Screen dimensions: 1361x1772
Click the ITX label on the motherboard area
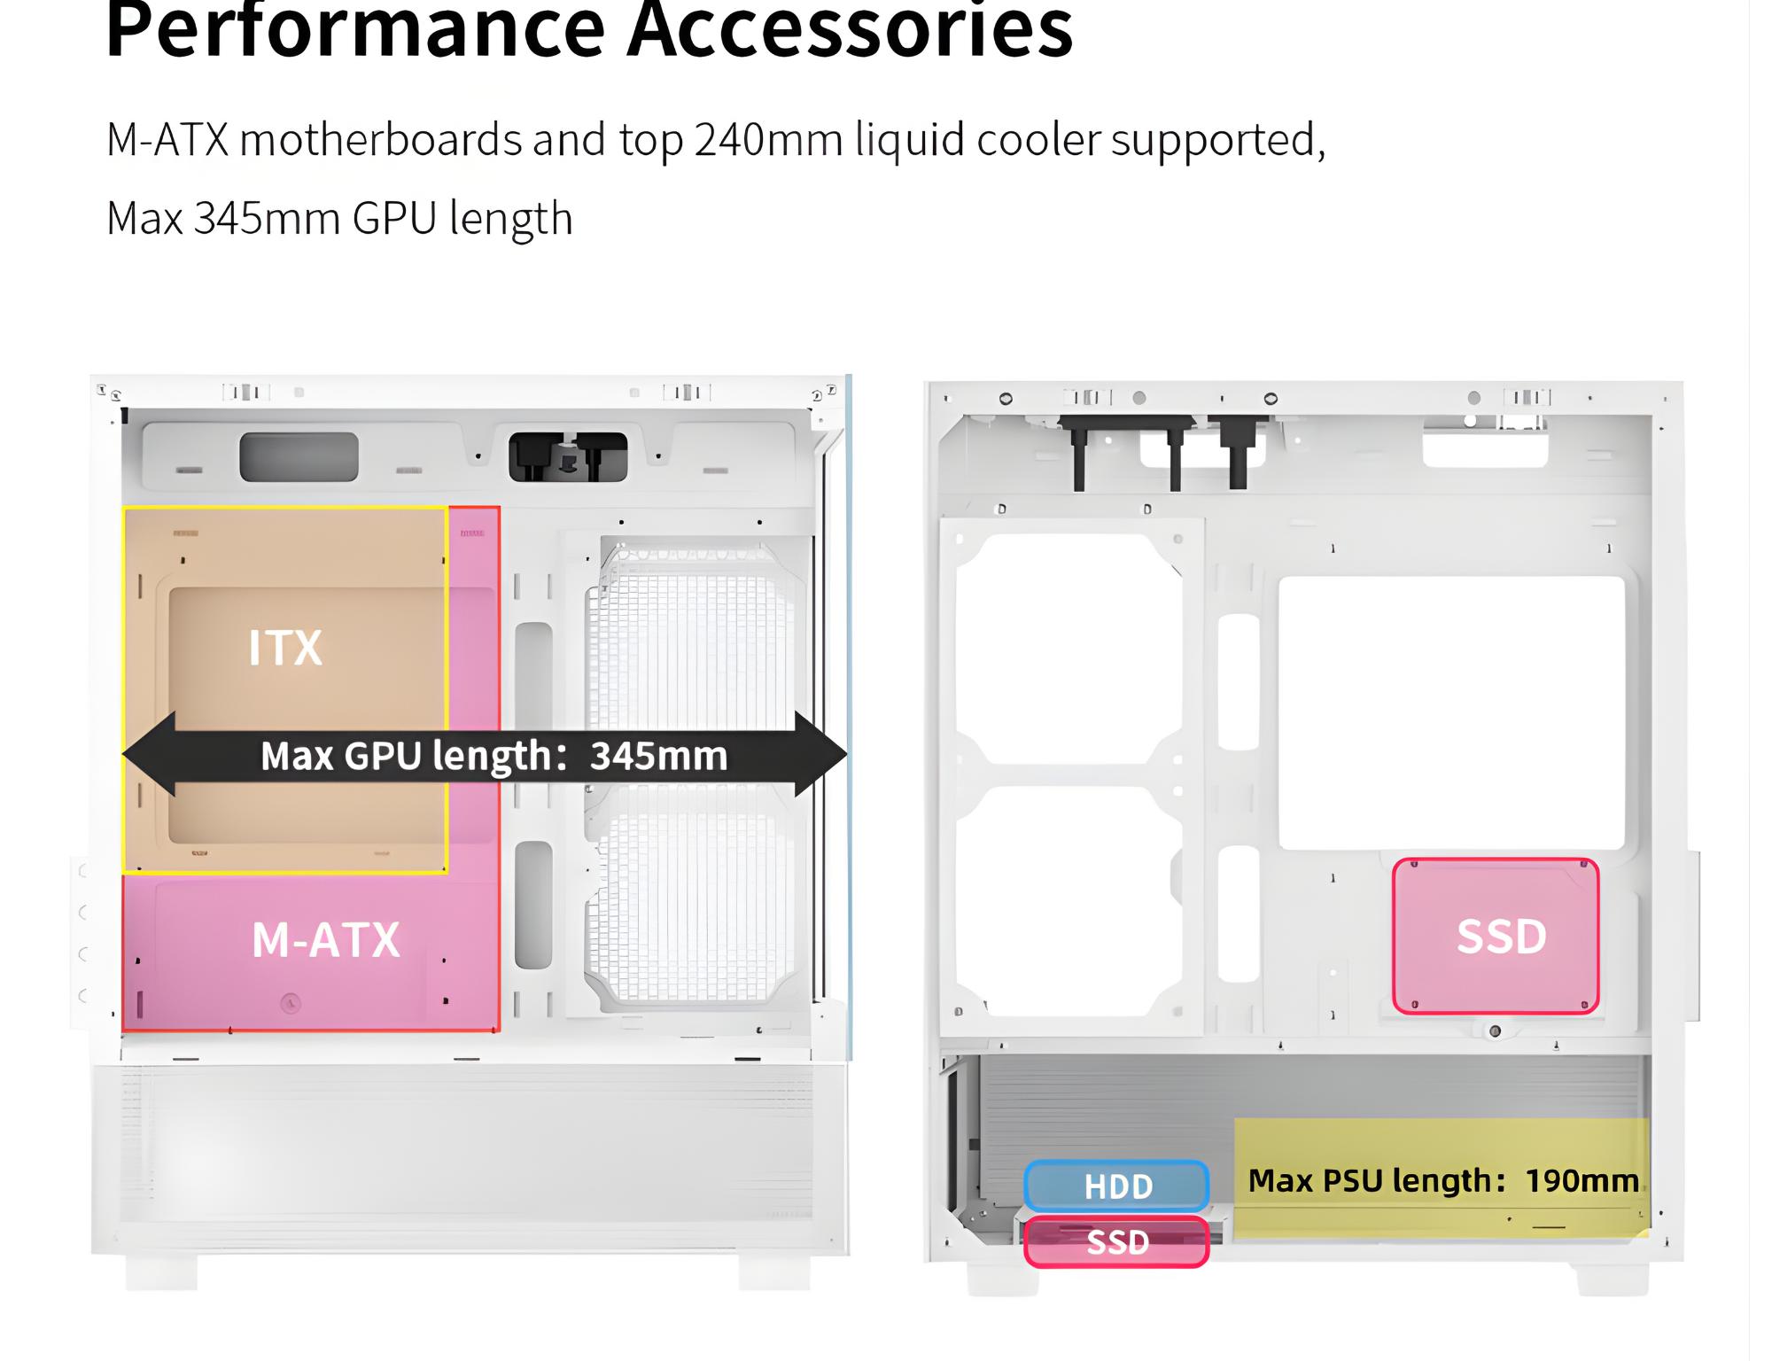pos(285,648)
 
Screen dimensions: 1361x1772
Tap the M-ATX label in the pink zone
pos(326,940)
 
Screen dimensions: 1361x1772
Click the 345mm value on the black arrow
pos(658,756)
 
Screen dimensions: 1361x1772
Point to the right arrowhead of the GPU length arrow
pos(821,754)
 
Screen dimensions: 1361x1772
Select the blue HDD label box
pos(1117,1186)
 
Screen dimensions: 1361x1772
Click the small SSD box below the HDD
pos(1117,1242)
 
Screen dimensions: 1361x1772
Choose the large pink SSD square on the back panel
pos(1496,936)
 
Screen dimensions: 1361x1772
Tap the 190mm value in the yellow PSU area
pos(1582,1180)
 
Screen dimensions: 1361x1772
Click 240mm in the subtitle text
pos(768,140)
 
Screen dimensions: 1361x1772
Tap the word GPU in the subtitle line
pos(394,219)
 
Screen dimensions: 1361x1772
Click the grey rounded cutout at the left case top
pos(299,457)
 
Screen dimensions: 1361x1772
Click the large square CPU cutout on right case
pos(1451,713)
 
